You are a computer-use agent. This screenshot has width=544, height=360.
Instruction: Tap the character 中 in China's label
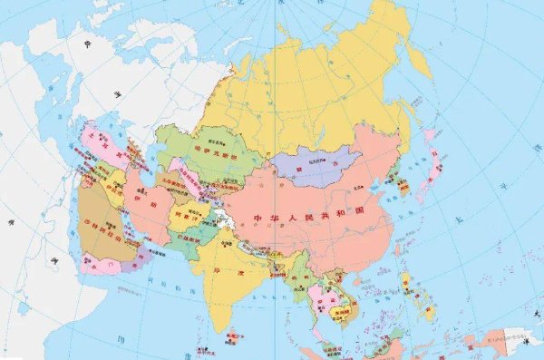click(x=259, y=219)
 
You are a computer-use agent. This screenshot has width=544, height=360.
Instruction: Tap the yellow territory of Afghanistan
click(x=185, y=214)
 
